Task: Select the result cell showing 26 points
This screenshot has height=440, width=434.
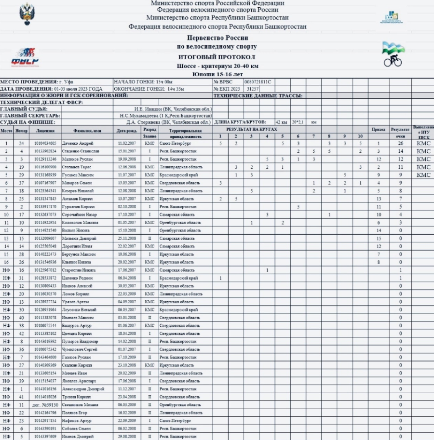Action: coord(400,143)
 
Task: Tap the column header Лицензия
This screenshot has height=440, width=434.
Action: coord(45,130)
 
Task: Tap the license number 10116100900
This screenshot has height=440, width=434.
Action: coord(45,167)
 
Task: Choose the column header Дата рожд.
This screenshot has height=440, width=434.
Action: coord(127,130)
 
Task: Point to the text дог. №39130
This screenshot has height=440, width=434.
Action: coord(45,405)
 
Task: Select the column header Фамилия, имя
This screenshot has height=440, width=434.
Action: coord(87,130)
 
